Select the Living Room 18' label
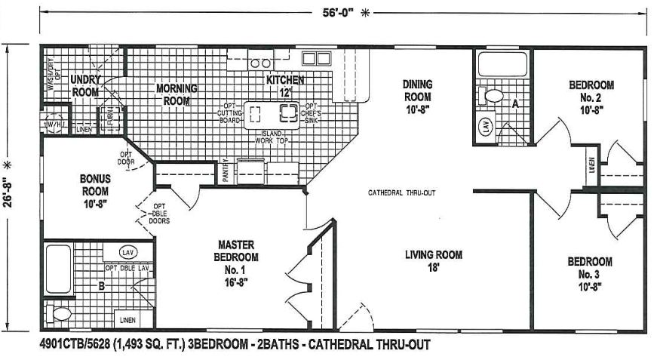click(433, 260)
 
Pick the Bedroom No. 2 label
click(591, 97)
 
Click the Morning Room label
click(177, 94)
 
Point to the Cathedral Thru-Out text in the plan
click(401, 192)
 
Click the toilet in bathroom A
click(493, 96)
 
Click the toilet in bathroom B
click(58, 312)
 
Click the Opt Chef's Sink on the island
click(289, 113)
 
